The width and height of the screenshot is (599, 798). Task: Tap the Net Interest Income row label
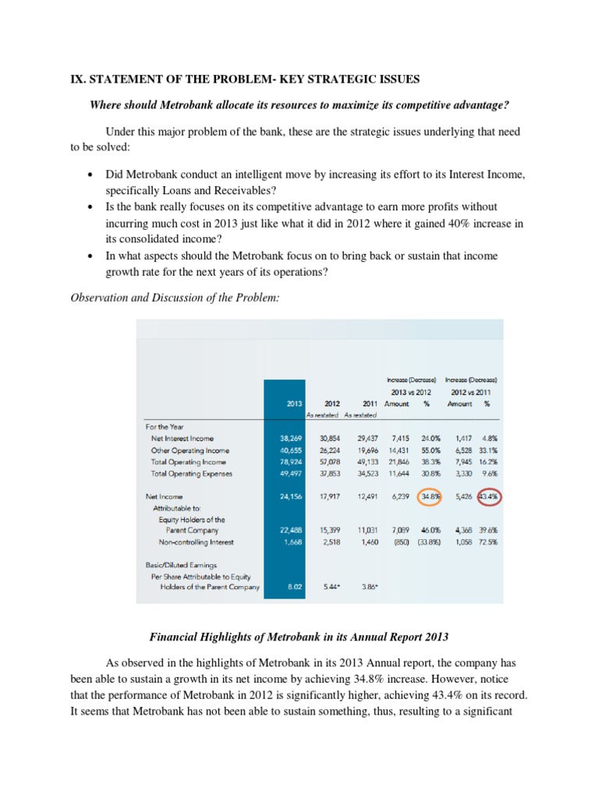tap(182, 439)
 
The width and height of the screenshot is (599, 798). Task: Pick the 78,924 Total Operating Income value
tap(290, 461)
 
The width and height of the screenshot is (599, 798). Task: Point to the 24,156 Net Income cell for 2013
tap(290, 496)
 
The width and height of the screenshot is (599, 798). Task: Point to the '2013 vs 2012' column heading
tap(410, 390)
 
